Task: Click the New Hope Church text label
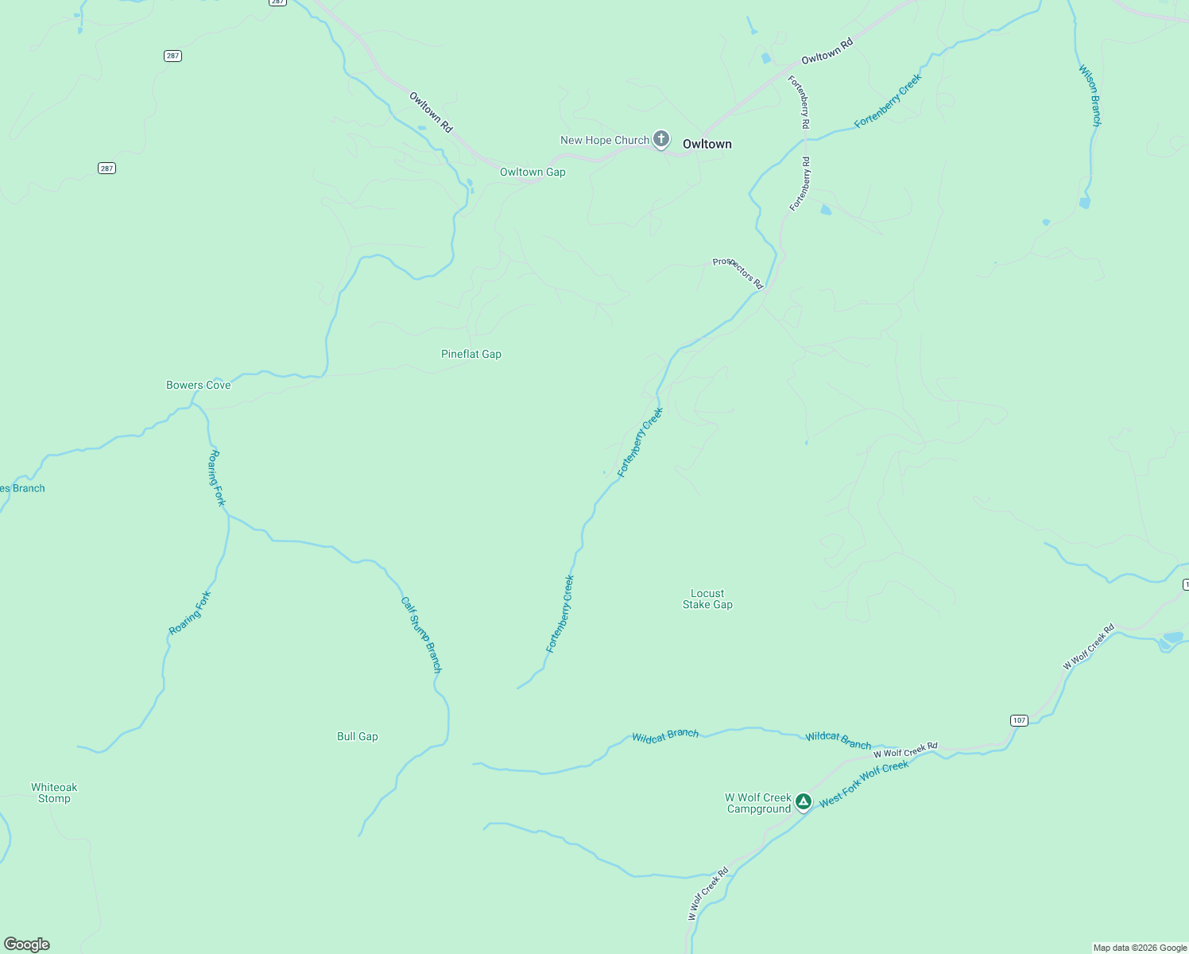(x=604, y=140)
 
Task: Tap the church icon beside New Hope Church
(x=660, y=139)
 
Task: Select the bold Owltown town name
(x=707, y=144)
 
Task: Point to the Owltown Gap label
(x=533, y=172)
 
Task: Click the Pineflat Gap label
(x=471, y=354)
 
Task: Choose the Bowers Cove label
(x=198, y=385)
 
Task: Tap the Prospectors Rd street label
(x=738, y=273)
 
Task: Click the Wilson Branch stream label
(x=1090, y=95)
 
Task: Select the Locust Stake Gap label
(x=707, y=599)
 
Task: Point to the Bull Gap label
(x=358, y=736)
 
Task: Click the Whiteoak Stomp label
(x=54, y=793)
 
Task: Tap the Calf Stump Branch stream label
(x=421, y=635)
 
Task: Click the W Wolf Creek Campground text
(x=758, y=803)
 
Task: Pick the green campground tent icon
(x=804, y=801)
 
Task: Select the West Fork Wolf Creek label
(x=864, y=783)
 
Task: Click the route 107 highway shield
(x=1019, y=720)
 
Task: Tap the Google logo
(x=27, y=944)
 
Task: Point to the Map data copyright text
(x=1140, y=948)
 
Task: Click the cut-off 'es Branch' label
(x=22, y=488)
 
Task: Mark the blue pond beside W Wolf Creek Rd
(x=1172, y=638)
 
